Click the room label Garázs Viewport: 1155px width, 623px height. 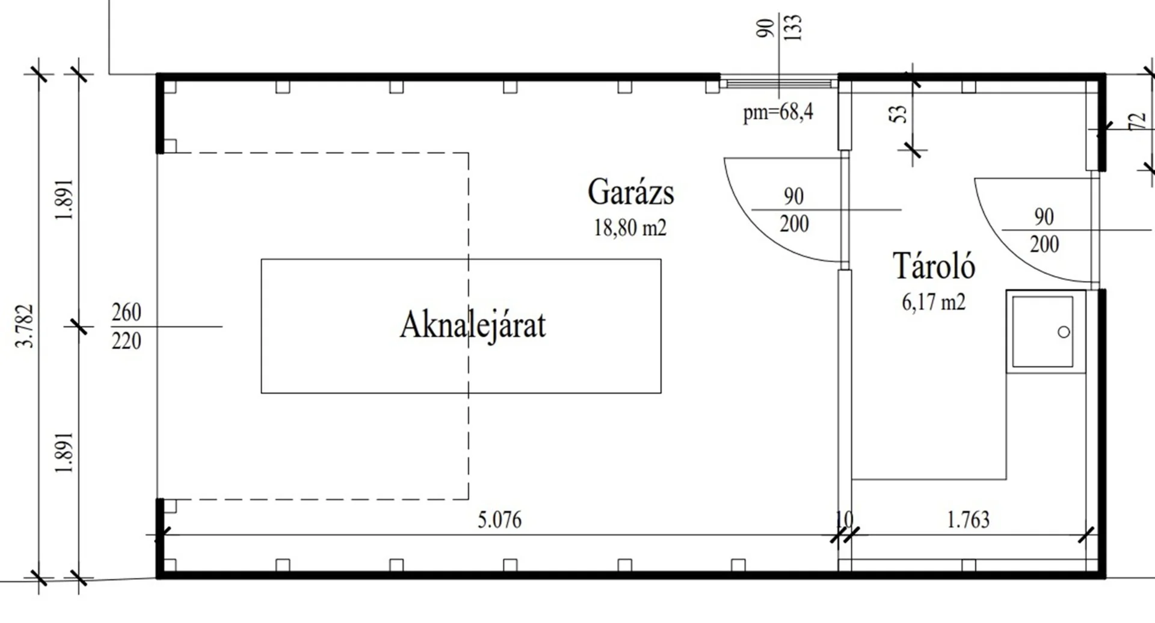coord(630,192)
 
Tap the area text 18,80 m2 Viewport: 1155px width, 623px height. coord(630,228)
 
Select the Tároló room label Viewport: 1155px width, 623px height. coord(933,266)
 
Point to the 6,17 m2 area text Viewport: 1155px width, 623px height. coord(933,302)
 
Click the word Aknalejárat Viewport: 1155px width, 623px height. coord(473,325)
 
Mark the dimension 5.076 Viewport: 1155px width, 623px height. coord(499,520)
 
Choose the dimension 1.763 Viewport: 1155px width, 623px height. coord(968,520)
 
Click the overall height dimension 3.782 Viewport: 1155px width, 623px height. coord(26,326)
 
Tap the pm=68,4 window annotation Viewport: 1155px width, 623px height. coord(778,112)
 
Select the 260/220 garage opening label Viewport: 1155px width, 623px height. coord(126,327)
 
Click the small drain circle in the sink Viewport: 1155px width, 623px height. coord(1064,332)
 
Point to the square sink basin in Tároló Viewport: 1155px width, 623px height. coord(1042,331)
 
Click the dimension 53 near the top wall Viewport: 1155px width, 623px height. coord(898,114)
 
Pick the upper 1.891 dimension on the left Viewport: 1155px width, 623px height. coord(65,200)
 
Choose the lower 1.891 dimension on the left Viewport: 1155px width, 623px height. coord(65,452)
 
